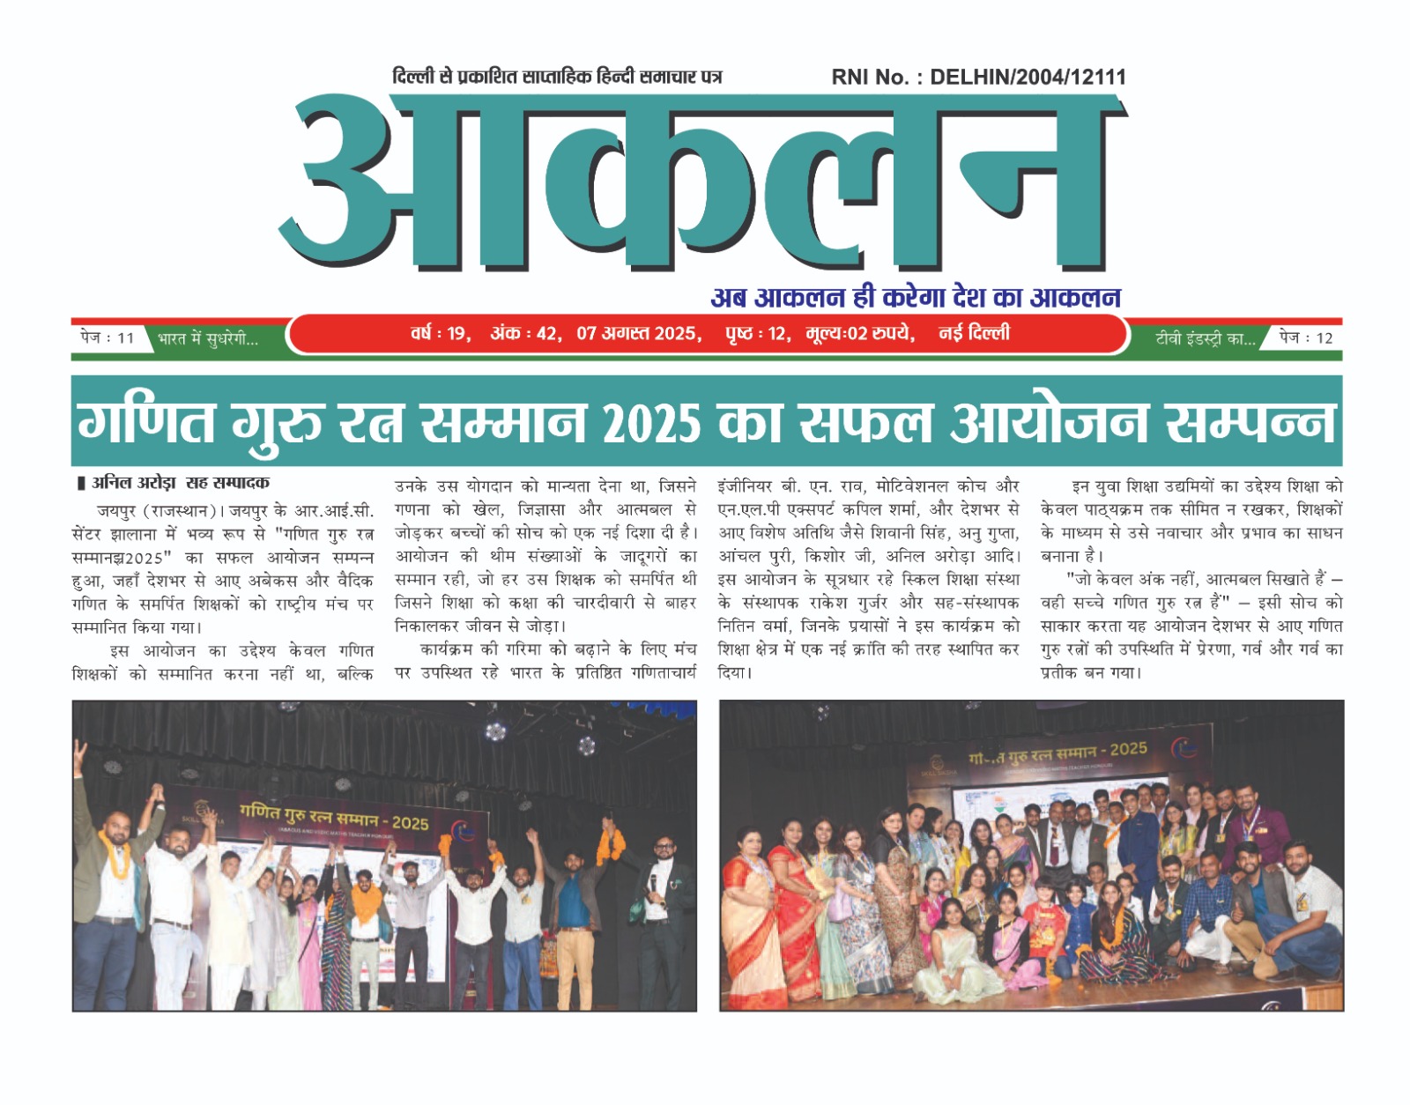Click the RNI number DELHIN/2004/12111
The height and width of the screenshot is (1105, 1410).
click(x=1028, y=78)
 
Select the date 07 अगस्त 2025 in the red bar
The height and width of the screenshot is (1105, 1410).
click(x=638, y=334)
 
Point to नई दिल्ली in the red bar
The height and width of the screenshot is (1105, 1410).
click(x=974, y=333)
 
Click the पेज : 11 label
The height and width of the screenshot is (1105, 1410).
click(x=107, y=337)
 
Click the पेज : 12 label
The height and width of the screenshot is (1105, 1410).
click(x=1306, y=337)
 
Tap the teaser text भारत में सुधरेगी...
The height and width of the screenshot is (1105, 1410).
click(x=208, y=339)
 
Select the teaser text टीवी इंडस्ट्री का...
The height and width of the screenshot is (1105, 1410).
click(x=1205, y=339)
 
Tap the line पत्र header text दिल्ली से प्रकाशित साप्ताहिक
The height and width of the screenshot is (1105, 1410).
click(x=557, y=78)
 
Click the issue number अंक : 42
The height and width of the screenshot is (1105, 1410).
click(x=523, y=334)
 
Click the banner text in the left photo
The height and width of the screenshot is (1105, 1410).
click(x=334, y=817)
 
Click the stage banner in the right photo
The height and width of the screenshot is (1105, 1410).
click(x=1057, y=753)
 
